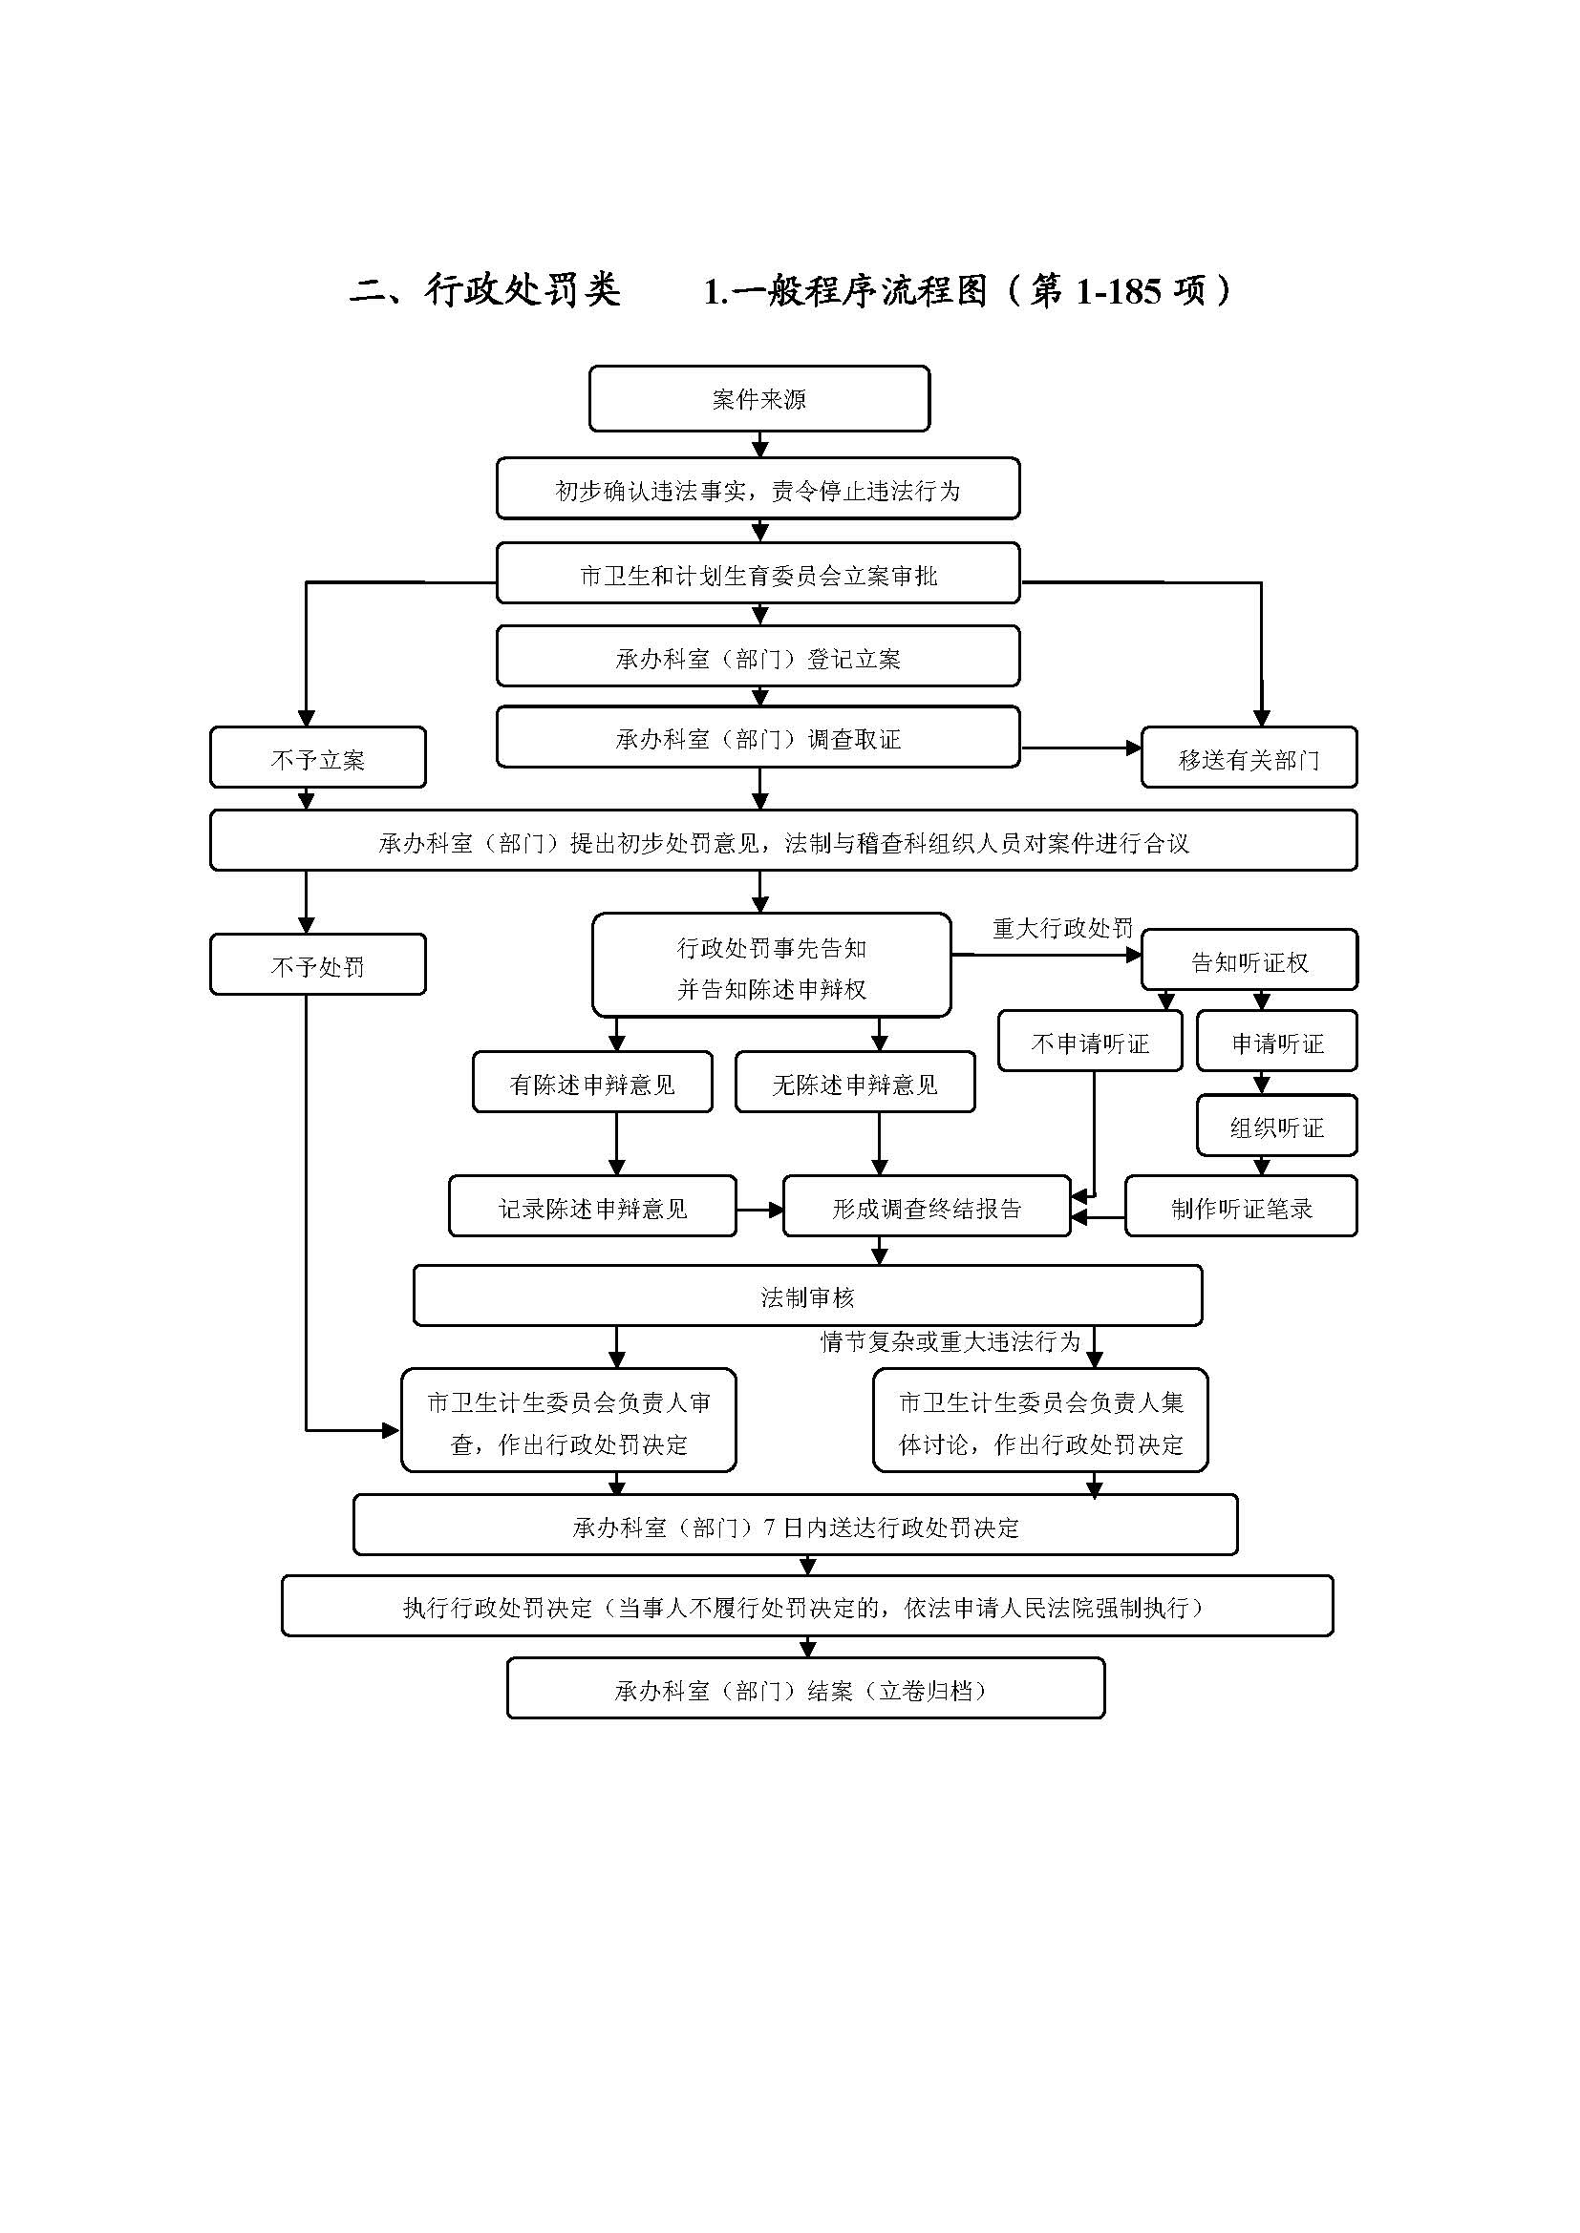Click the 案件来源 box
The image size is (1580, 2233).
(758, 399)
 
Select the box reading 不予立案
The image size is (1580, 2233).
(317, 758)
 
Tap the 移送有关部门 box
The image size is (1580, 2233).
(1249, 758)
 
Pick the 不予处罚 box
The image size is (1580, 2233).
(317, 965)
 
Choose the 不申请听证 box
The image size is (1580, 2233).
(1090, 1043)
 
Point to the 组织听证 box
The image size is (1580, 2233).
(1276, 1127)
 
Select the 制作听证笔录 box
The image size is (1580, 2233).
(1241, 1207)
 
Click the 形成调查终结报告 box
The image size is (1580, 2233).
(927, 1207)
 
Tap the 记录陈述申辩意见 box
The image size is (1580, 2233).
(591, 1207)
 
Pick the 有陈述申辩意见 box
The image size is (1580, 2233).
(591, 1083)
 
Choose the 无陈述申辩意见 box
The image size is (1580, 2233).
(854, 1083)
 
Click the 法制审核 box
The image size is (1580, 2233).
(807, 1296)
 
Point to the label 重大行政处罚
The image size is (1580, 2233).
(1062, 928)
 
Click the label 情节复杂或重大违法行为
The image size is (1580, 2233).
(950, 1342)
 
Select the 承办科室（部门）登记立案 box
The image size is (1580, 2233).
(758, 658)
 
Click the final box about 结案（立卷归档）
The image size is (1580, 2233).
(805, 1691)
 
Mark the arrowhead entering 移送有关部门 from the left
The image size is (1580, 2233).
(1134, 748)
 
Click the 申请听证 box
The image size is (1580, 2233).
(1276, 1043)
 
